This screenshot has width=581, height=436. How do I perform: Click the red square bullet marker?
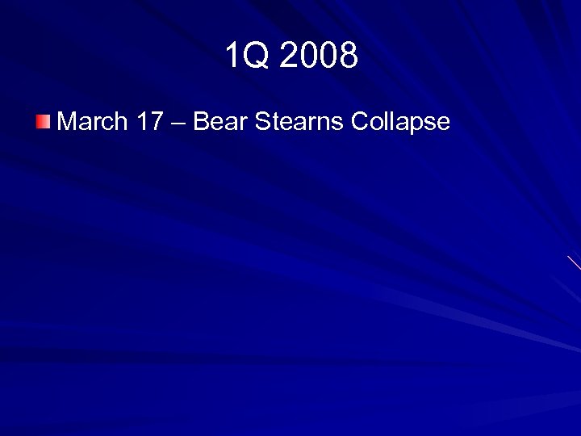tap(43, 123)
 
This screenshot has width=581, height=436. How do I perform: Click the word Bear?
tap(219, 123)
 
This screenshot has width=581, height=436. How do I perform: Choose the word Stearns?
tap(298, 123)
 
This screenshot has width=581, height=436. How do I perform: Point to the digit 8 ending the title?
tap(349, 57)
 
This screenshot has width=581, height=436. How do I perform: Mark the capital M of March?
tap(68, 123)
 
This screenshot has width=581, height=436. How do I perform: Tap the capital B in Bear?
tap(201, 123)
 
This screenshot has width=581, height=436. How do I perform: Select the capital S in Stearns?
tap(261, 123)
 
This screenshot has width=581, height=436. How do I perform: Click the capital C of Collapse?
tap(360, 123)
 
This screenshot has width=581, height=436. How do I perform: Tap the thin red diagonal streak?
tap(574, 262)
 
